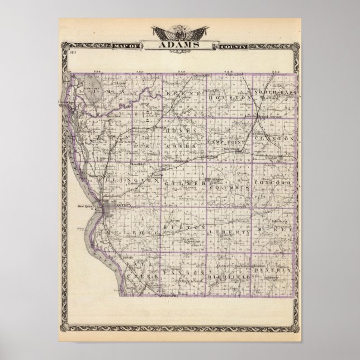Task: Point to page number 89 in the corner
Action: pos(74,52)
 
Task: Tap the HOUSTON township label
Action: pos(227,97)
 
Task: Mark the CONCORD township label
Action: pos(273,182)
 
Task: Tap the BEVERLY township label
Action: pos(273,271)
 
